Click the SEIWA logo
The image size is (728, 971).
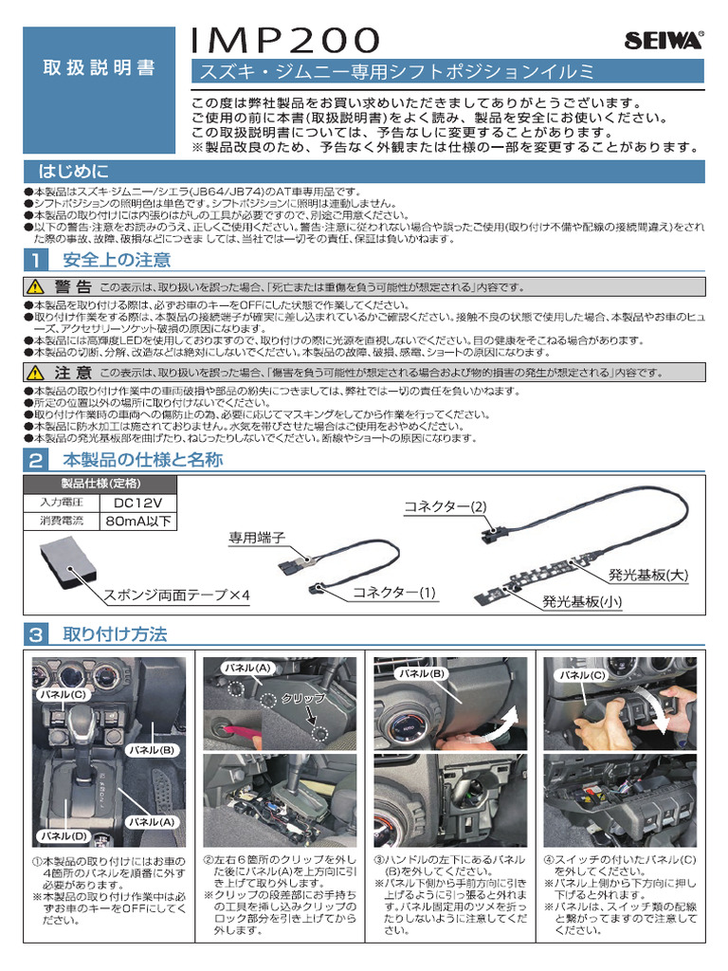(x=664, y=40)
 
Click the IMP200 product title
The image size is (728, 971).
(x=285, y=40)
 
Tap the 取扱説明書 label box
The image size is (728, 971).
(x=99, y=69)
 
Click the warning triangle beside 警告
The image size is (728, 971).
(x=36, y=286)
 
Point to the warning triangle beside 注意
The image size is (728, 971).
(x=36, y=373)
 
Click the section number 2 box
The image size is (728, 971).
(x=34, y=461)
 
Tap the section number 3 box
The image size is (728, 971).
(x=34, y=634)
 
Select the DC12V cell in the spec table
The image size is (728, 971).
(x=137, y=503)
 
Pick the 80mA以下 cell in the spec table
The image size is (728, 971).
(x=138, y=521)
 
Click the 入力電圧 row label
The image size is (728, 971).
(x=62, y=503)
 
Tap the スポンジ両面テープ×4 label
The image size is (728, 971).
(x=176, y=595)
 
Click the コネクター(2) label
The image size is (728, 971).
(x=445, y=506)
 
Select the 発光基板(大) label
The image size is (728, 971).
(x=647, y=575)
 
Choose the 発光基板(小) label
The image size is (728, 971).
(x=582, y=601)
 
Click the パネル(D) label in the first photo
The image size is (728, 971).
(x=64, y=835)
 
